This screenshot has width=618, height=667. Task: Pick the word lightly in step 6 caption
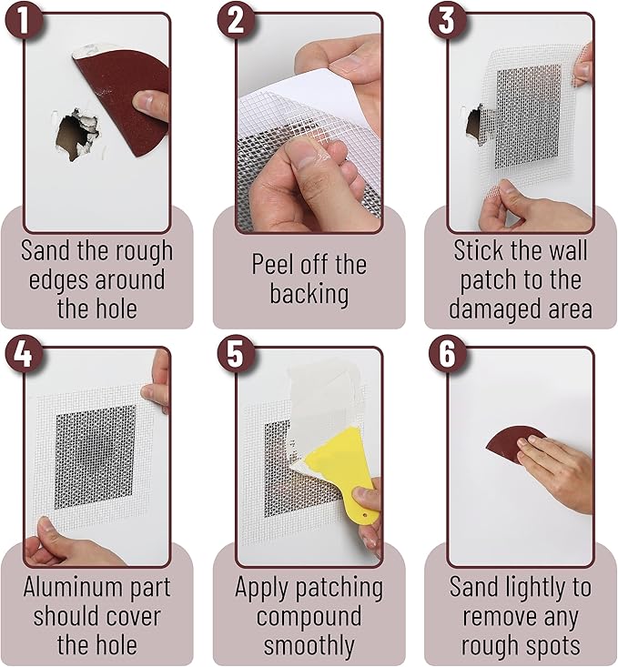pos(542,586)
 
